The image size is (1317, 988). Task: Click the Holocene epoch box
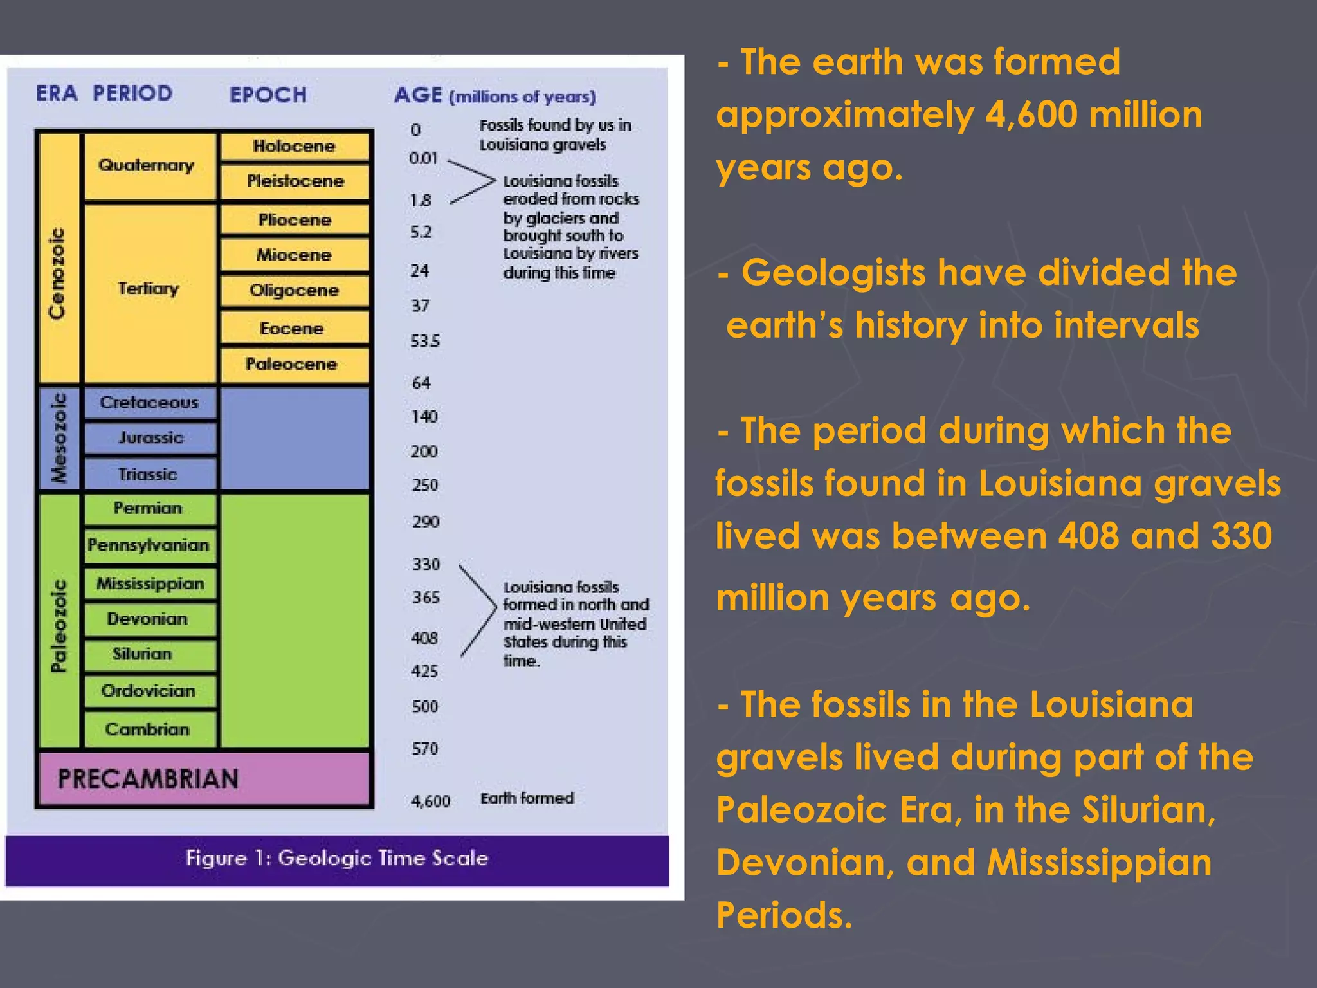295,146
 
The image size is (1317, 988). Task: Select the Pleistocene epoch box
295,181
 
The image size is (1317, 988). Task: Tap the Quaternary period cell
147,166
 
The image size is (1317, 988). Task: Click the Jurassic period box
150,438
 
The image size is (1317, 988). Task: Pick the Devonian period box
148,619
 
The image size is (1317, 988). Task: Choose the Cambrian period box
148,729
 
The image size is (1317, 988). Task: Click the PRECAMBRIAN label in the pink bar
148,779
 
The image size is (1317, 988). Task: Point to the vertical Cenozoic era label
57,273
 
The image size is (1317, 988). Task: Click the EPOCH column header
268,95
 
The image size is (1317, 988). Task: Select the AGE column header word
418,95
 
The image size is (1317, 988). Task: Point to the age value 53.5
425,341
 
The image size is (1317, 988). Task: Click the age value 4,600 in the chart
430,801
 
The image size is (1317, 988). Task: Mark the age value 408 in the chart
424,638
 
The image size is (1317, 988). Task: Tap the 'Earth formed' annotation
527,798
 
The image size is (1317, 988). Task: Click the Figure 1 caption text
337,858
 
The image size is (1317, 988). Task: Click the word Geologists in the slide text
833,272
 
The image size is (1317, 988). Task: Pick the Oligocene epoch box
295,291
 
